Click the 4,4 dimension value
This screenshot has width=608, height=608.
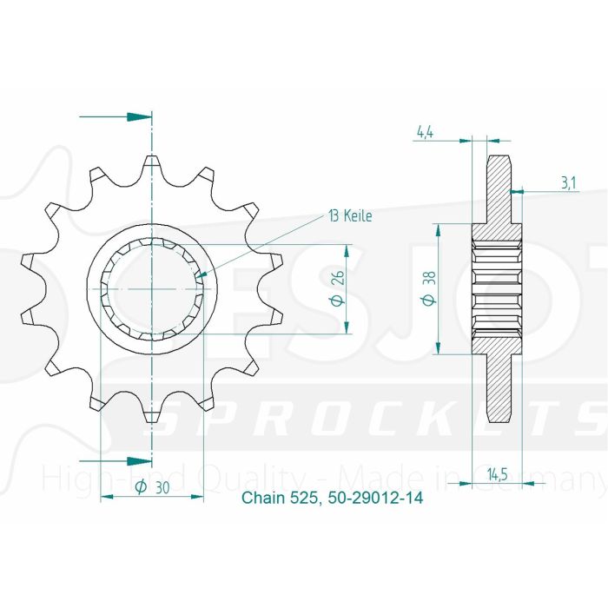[x=425, y=133]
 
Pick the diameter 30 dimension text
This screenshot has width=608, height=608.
[x=154, y=489]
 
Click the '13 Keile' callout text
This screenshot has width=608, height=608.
[x=350, y=215]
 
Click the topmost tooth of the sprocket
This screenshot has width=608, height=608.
[x=152, y=162]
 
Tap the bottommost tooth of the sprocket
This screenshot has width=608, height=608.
[x=152, y=415]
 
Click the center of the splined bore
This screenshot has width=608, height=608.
[x=152, y=288]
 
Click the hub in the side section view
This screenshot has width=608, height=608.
[x=496, y=288]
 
